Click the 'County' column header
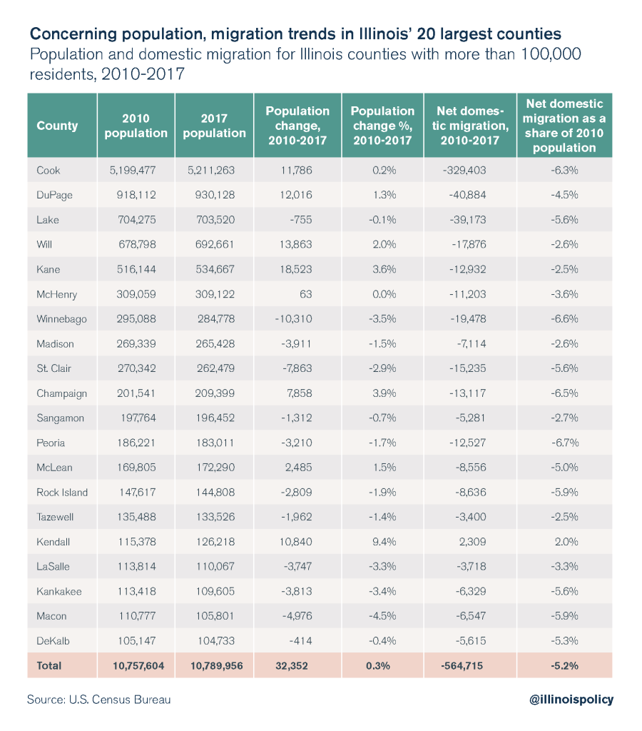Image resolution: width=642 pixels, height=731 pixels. pos(57,126)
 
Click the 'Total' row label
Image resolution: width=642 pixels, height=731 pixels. pos(49,665)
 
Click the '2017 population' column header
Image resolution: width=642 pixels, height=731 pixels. pos(214,126)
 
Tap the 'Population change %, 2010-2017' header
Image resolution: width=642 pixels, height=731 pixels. pos(382,126)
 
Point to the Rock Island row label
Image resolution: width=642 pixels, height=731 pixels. pos(62,493)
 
